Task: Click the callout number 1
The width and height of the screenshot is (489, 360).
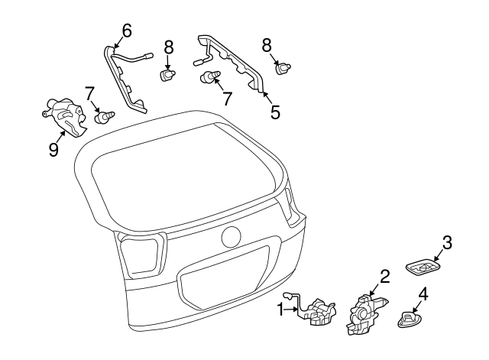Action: tap(280, 309)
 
